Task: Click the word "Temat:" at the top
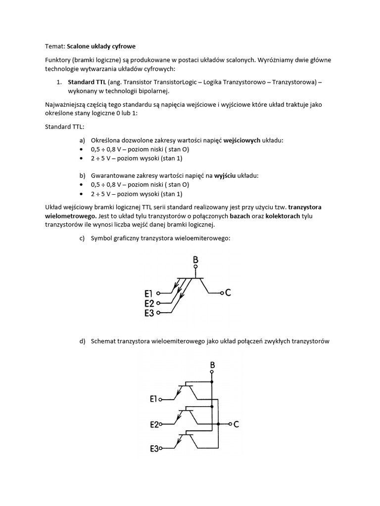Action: tap(55, 45)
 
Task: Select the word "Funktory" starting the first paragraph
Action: tap(58, 60)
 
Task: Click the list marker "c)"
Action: tap(82, 239)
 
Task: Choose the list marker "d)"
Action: tap(82, 341)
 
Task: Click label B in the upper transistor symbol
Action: tap(196, 259)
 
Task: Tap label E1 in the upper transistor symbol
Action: tap(150, 294)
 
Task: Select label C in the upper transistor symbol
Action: tap(228, 293)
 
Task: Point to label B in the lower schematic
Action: tap(212, 365)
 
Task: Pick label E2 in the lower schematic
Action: tap(154, 424)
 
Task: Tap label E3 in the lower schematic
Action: tap(154, 449)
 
